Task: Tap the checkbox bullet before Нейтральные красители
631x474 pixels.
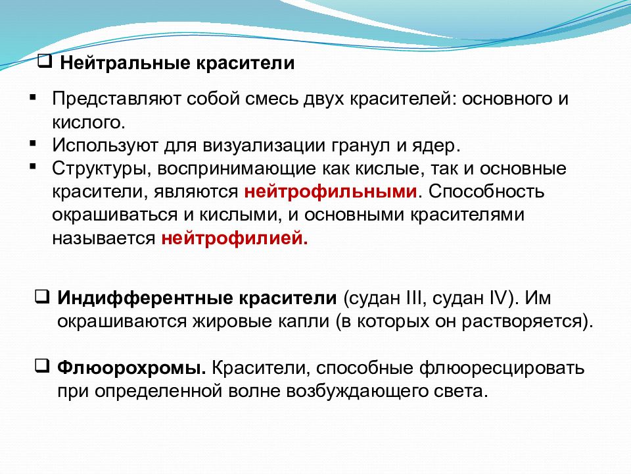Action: click(46, 63)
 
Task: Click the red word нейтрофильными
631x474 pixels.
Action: click(331, 192)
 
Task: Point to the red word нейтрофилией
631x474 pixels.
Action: click(233, 238)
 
